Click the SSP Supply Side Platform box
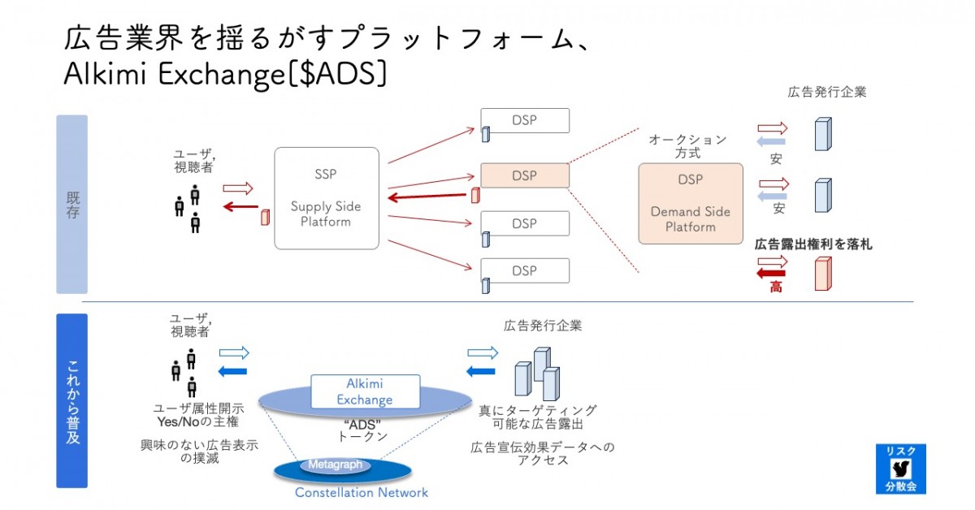pos(327,198)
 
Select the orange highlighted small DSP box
pos(525,175)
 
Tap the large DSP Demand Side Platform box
pos(691,203)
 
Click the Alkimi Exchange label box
pos(365,391)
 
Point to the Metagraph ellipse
pos(335,465)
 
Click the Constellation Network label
pos(362,493)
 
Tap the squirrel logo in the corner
pos(901,469)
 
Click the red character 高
pos(776,287)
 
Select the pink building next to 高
pos(823,274)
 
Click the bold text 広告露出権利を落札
pos(813,244)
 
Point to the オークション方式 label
pos(687,146)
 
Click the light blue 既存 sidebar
pos(71,205)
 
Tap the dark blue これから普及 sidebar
pos(71,401)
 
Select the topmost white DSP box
pos(525,120)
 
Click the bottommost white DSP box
pos(525,270)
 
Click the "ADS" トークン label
pos(362,430)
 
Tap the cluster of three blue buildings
pos(537,374)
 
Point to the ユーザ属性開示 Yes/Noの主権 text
pos(198,415)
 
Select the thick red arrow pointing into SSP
pos(427,197)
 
